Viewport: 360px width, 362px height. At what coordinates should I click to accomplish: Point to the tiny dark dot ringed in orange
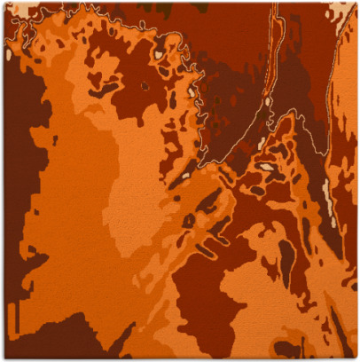click(x=144, y=86)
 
